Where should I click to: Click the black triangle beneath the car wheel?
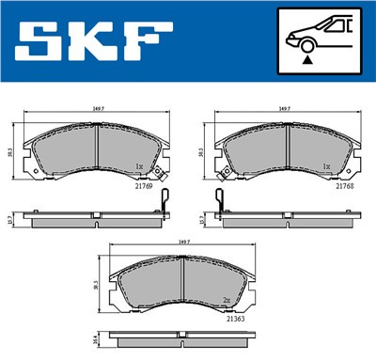point(306,59)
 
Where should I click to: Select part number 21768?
point(346,186)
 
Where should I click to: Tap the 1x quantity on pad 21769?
point(139,166)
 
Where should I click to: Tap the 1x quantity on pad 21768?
point(327,166)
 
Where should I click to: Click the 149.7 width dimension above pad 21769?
point(97,110)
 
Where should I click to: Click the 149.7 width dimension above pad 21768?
point(284,110)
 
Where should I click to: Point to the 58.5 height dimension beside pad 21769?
point(10,151)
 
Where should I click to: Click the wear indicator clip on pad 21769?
point(164,202)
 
